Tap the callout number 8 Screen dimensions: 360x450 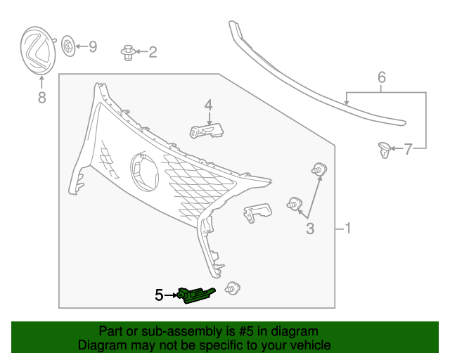tap(41, 98)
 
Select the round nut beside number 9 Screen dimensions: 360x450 tap(68, 47)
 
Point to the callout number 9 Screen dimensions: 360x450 tap(92, 47)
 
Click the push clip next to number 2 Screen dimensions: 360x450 tap(128, 52)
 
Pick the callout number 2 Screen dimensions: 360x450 tap(152, 52)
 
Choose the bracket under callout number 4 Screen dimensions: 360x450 tap(206, 131)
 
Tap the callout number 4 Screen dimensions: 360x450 tap(208, 105)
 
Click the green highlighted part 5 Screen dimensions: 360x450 tap(196, 296)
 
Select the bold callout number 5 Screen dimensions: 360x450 tap(159, 296)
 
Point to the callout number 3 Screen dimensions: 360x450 tap(309, 228)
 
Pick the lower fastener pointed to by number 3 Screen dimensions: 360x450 tap(295, 205)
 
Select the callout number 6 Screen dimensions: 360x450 tap(382, 77)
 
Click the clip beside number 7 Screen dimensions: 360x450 tap(384, 148)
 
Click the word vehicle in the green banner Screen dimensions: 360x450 tap(307, 345)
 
